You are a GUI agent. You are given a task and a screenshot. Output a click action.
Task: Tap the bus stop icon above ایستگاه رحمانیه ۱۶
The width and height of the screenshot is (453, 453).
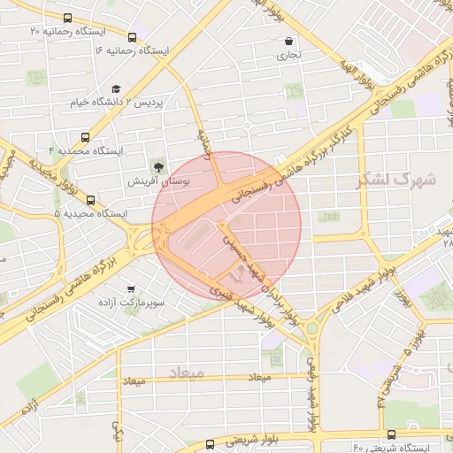(x=132, y=37)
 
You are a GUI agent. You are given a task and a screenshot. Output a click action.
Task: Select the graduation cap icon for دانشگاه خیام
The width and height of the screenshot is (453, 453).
(x=116, y=88)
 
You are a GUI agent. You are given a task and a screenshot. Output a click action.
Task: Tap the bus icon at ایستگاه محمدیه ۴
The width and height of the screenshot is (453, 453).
(x=85, y=137)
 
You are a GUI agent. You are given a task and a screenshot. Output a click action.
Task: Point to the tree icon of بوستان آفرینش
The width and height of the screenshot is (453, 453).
(x=158, y=165)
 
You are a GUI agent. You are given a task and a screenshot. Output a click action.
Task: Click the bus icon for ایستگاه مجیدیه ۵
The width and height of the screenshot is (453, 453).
(x=90, y=200)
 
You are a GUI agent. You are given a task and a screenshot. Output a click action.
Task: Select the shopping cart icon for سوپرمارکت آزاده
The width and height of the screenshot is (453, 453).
(x=132, y=288)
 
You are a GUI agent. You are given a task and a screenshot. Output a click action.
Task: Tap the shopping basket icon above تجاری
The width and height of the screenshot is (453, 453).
(x=289, y=41)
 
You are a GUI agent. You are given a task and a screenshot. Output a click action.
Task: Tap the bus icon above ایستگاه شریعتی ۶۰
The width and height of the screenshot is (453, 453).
(x=391, y=434)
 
